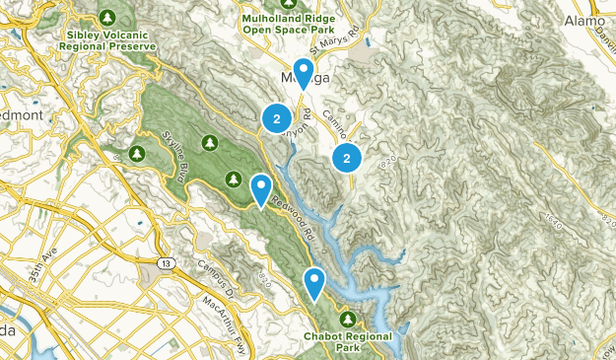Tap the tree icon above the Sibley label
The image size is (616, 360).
107,18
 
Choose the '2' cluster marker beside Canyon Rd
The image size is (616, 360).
278,117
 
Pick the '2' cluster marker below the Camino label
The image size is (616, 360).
347,158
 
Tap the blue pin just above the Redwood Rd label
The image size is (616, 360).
260,187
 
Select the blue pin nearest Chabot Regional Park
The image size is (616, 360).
314,282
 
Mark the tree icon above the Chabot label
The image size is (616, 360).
350,320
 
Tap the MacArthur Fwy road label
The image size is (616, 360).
224,320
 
